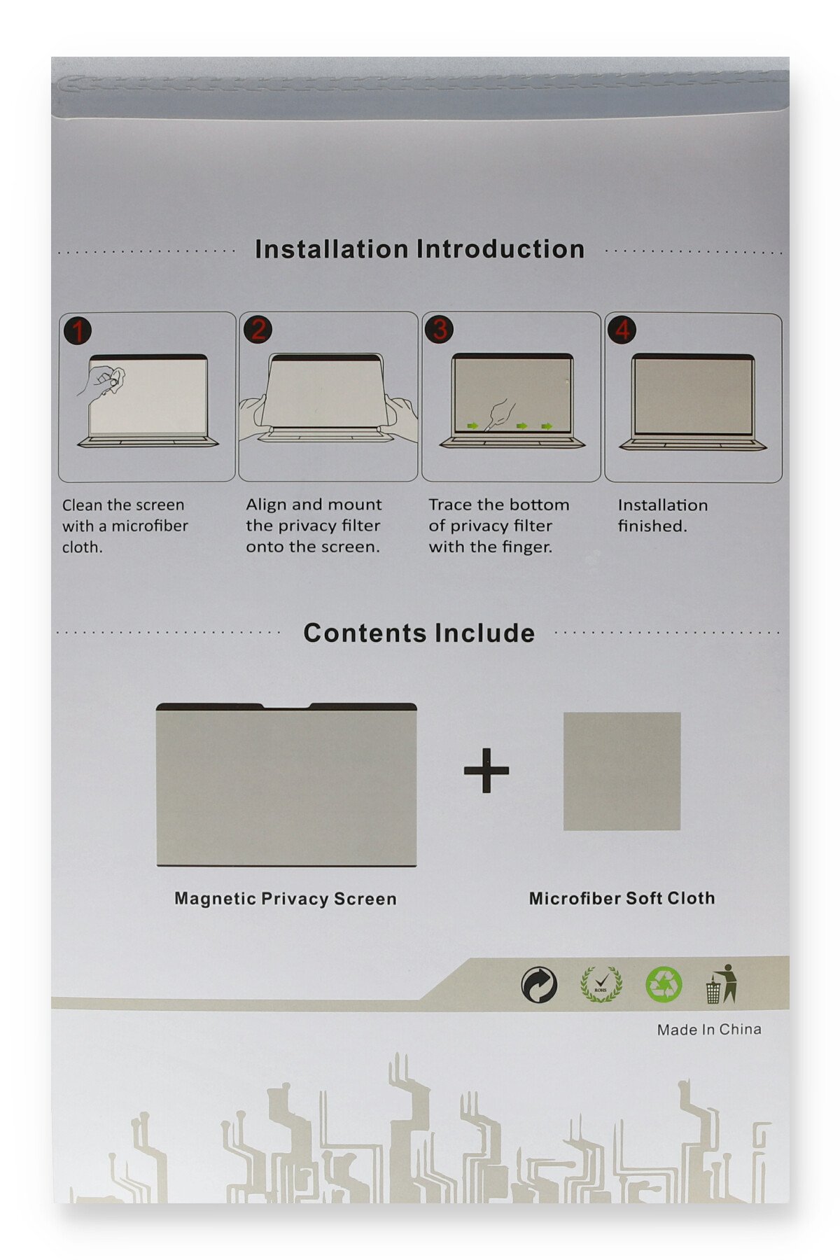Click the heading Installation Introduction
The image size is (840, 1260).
[x=419, y=249]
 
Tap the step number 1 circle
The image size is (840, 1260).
[x=78, y=330]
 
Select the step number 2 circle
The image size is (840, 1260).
[x=258, y=329]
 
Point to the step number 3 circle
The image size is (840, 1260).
[x=440, y=329]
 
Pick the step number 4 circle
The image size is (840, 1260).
[x=622, y=329]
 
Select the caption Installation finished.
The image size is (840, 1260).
[x=662, y=515]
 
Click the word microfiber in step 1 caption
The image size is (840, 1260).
[x=150, y=526]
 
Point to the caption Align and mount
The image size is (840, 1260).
[x=314, y=504]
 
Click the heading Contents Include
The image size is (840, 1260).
[x=419, y=633]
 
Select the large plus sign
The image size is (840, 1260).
[x=486, y=770]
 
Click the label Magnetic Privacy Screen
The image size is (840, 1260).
[x=286, y=899]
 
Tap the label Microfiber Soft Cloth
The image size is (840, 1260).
[x=622, y=898]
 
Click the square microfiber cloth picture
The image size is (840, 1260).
[x=622, y=771]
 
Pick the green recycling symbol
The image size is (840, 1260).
[x=663, y=984]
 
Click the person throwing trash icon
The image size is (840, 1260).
[x=722, y=983]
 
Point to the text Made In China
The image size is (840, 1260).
[x=709, y=1029]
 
